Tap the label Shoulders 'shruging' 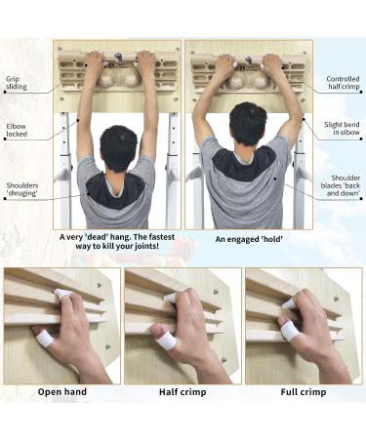[22, 189]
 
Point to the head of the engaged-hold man [246, 126]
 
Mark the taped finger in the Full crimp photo [289, 332]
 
